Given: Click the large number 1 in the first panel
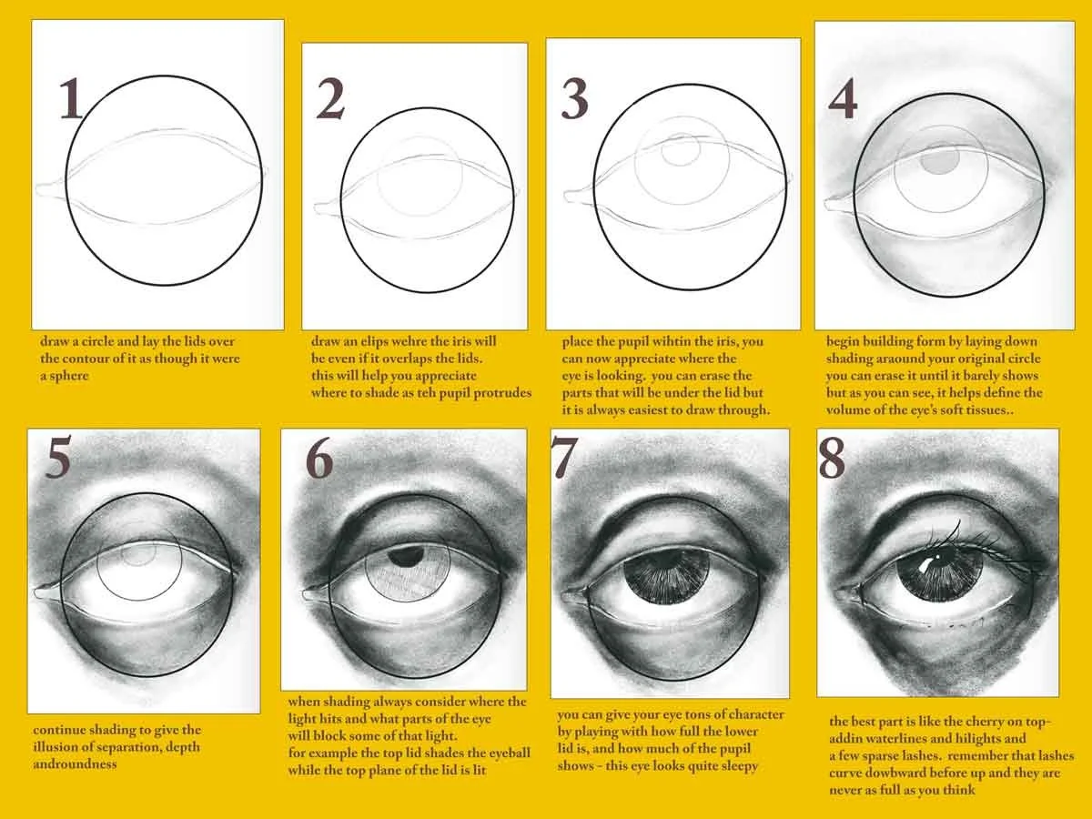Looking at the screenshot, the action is (x=71, y=98).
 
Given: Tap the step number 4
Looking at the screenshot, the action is (x=843, y=98).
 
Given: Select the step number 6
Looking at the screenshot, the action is (x=318, y=459).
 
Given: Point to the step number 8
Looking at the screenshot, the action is (x=832, y=458).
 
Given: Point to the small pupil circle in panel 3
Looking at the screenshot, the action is (x=681, y=149).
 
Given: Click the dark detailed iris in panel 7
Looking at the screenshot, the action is (x=667, y=581).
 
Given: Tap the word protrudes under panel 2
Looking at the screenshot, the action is (x=502, y=393).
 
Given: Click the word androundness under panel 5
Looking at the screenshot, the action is (x=76, y=763).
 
